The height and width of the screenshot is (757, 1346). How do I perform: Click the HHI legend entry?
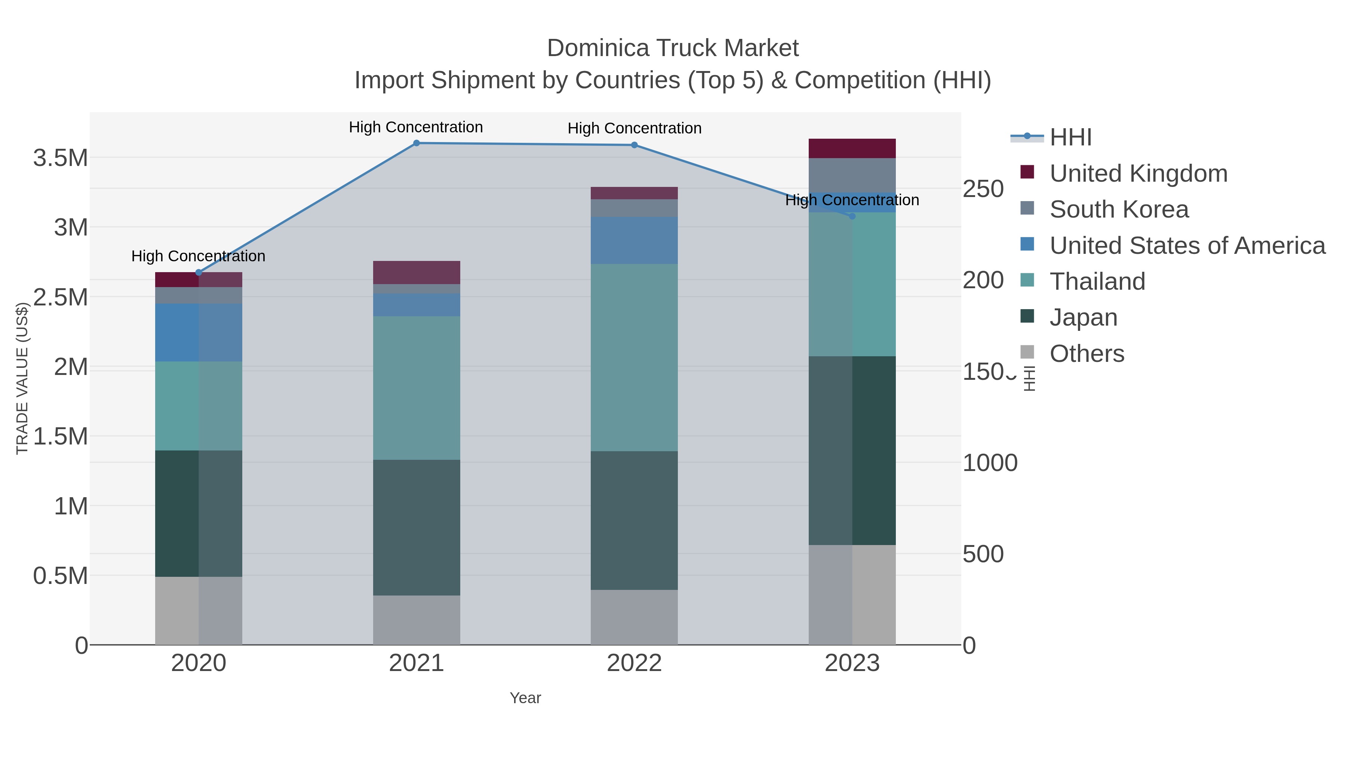(x=1070, y=138)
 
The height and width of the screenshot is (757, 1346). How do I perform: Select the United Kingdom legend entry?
(x=1138, y=173)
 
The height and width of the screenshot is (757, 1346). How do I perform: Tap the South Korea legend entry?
(x=1119, y=209)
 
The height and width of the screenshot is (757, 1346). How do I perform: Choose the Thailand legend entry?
(x=1097, y=281)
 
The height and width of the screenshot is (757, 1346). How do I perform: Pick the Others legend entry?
(x=1087, y=354)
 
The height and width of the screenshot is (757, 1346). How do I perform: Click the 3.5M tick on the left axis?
(x=61, y=158)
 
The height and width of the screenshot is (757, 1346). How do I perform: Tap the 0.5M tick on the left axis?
(x=61, y=576)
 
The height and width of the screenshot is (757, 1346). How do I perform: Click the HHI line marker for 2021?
(x=417, y=143)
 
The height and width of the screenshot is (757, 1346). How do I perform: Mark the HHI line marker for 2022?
(x=634, y=145)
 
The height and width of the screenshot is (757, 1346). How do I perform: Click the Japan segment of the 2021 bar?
(x=417, y=527)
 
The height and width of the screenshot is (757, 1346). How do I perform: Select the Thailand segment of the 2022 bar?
(x=634, y=357)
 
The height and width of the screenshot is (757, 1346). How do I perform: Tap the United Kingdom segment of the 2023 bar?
(x=852, y=148)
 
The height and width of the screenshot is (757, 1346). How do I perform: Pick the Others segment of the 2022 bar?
(x=634, y=618)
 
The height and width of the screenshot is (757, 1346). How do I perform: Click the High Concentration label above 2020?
(x=199, y=256)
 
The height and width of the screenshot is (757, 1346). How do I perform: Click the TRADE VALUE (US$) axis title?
(x=22, y=378)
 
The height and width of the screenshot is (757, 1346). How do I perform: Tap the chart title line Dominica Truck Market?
(x=673, y=48)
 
